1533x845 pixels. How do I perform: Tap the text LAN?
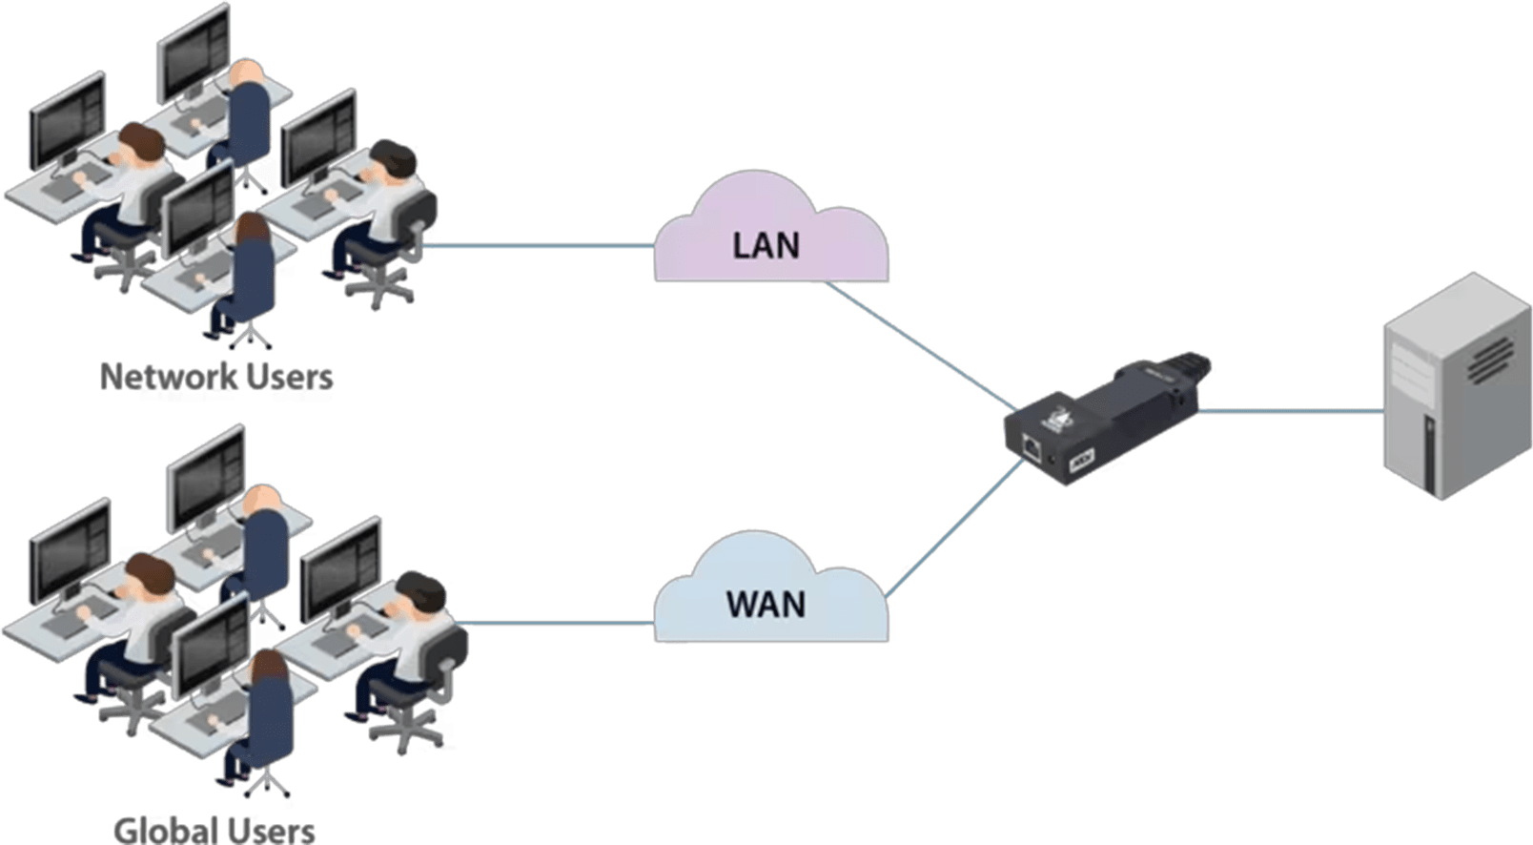(x=766, y=245)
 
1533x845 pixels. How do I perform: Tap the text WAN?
(x=766, y=605)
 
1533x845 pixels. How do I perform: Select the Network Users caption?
(x=216, y=377)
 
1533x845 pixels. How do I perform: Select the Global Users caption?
(x=215, y=829)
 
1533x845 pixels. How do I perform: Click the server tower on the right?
(x=1455, y=391)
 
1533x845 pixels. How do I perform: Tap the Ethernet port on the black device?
(x=1032, y=444)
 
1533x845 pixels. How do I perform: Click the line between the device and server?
(x=1287, y=412)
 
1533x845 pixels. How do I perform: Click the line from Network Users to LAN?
(x=543, y=246)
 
